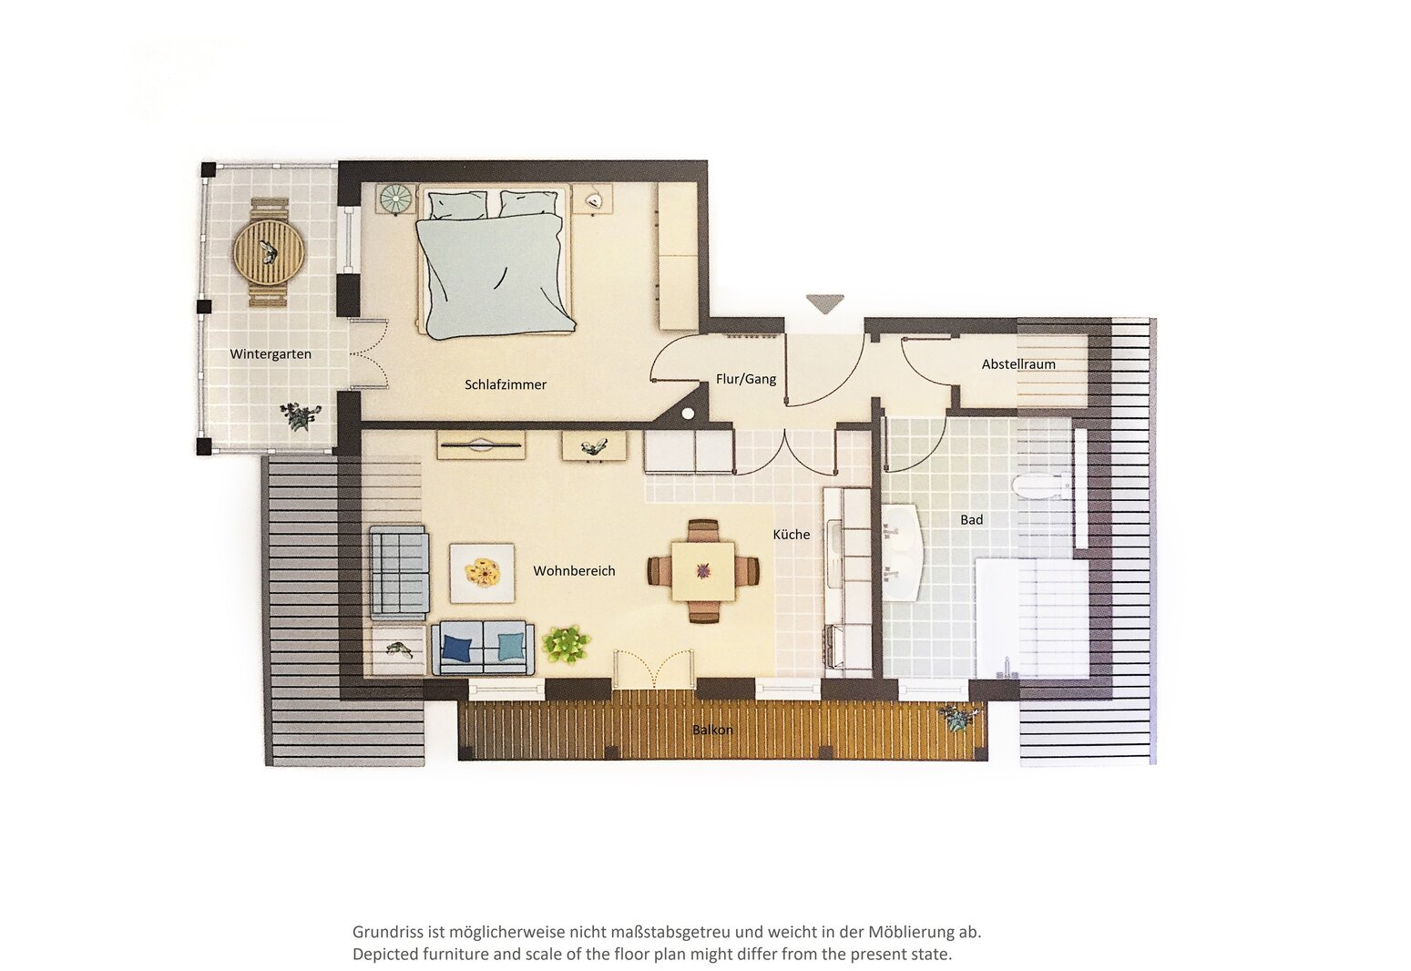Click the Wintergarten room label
pyautogui.click(x=271, y=354)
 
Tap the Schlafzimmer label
pyautogui.click(x=506, y=384)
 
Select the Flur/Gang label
pyautogui.click(x=746, y=379)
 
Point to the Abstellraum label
pyautogui.click(x=1018, y=364)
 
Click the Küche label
pyautogui.click(x=792, y=535)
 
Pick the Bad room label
pyautogui.click(x=971, y=520)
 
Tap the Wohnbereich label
pyautogui.click(x=574, y=571)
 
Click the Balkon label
pyautogui.click(x=712, y=730)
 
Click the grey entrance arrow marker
pyautogui.click(x=824, y=303)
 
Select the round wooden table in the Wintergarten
pyautogui.click(x=269, y=253)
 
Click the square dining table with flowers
pyautogui.click(x=703, y=571)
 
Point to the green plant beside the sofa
pyautogui.click(x=567, y=644)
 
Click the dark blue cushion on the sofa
pyautogui.click(x=457, y=648)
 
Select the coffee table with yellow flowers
pyautogui.click(x=482, y=573)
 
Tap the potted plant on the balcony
pyautogui.click(x=958, y=718)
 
